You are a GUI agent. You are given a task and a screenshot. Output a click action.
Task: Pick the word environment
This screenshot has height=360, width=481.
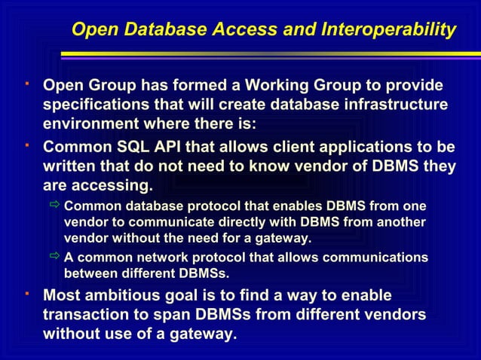pyautogui.click(x=89, y=124)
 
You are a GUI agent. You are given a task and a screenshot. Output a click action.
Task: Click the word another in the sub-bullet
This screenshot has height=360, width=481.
pyautogui.click(x=399, y=222)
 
